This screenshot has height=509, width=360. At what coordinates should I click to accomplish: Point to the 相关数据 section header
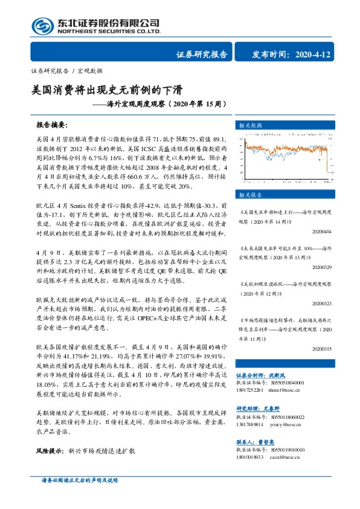(251, 125)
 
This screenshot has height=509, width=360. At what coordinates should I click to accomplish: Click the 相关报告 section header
(251, 195)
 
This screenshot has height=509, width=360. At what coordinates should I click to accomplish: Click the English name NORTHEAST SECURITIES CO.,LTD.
(109, 32)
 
